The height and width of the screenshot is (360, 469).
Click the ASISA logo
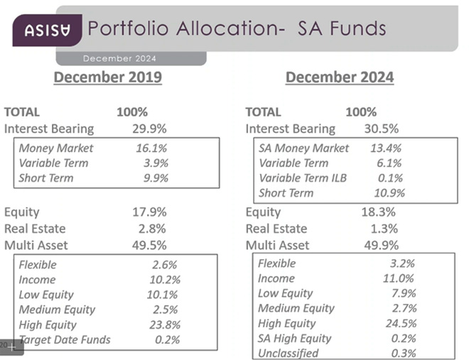click(47, 30)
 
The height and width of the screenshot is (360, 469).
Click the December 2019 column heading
click(108, 77)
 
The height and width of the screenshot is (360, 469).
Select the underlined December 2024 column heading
click(340, 77)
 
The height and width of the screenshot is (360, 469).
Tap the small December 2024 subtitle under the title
click(119, 58)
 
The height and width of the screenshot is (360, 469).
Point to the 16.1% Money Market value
click(151, 148)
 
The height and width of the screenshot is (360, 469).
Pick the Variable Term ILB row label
click(302, 178)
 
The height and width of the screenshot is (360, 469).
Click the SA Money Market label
click(303, 148)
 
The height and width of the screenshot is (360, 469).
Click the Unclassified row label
click(288, 353)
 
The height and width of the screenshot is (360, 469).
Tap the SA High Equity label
click(294, 338)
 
